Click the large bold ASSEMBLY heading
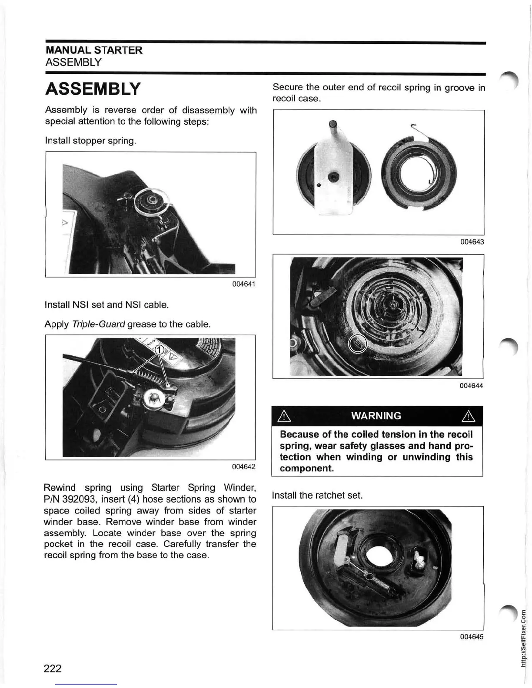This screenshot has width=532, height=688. pyautogui.click(x=93, y=89)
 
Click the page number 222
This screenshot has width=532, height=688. pyautogui.click(x=53, y=668)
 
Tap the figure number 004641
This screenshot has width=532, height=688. pyautogui.click(x=243, y=284)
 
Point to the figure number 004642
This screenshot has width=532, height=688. pyautogui.click(x=243, y=467)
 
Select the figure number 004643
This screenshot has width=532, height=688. pyautogui.click(x=472, y=242)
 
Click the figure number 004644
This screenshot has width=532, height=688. pyautogui.click(x=472, y=386)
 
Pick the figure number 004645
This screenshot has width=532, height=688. pyautogui.click(x=472, y=637)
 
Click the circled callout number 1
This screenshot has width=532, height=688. pyautogui.click(x=160, y=351)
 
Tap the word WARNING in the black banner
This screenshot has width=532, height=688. pyautogui.click(x=376, y=416)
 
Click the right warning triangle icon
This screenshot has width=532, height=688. pyautogui.click(x=470, y=417)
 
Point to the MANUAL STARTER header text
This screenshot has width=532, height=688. pyautogui.click(x=94, y=50)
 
